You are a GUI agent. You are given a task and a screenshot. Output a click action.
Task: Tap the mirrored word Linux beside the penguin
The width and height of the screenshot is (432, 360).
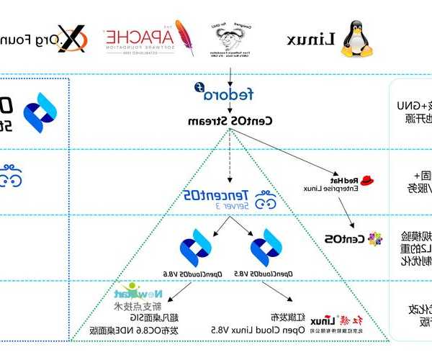312,40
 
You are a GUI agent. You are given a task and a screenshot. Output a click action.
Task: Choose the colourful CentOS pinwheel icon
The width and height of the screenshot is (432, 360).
375,238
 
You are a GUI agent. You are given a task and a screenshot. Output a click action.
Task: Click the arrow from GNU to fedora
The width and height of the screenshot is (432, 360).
229,74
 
